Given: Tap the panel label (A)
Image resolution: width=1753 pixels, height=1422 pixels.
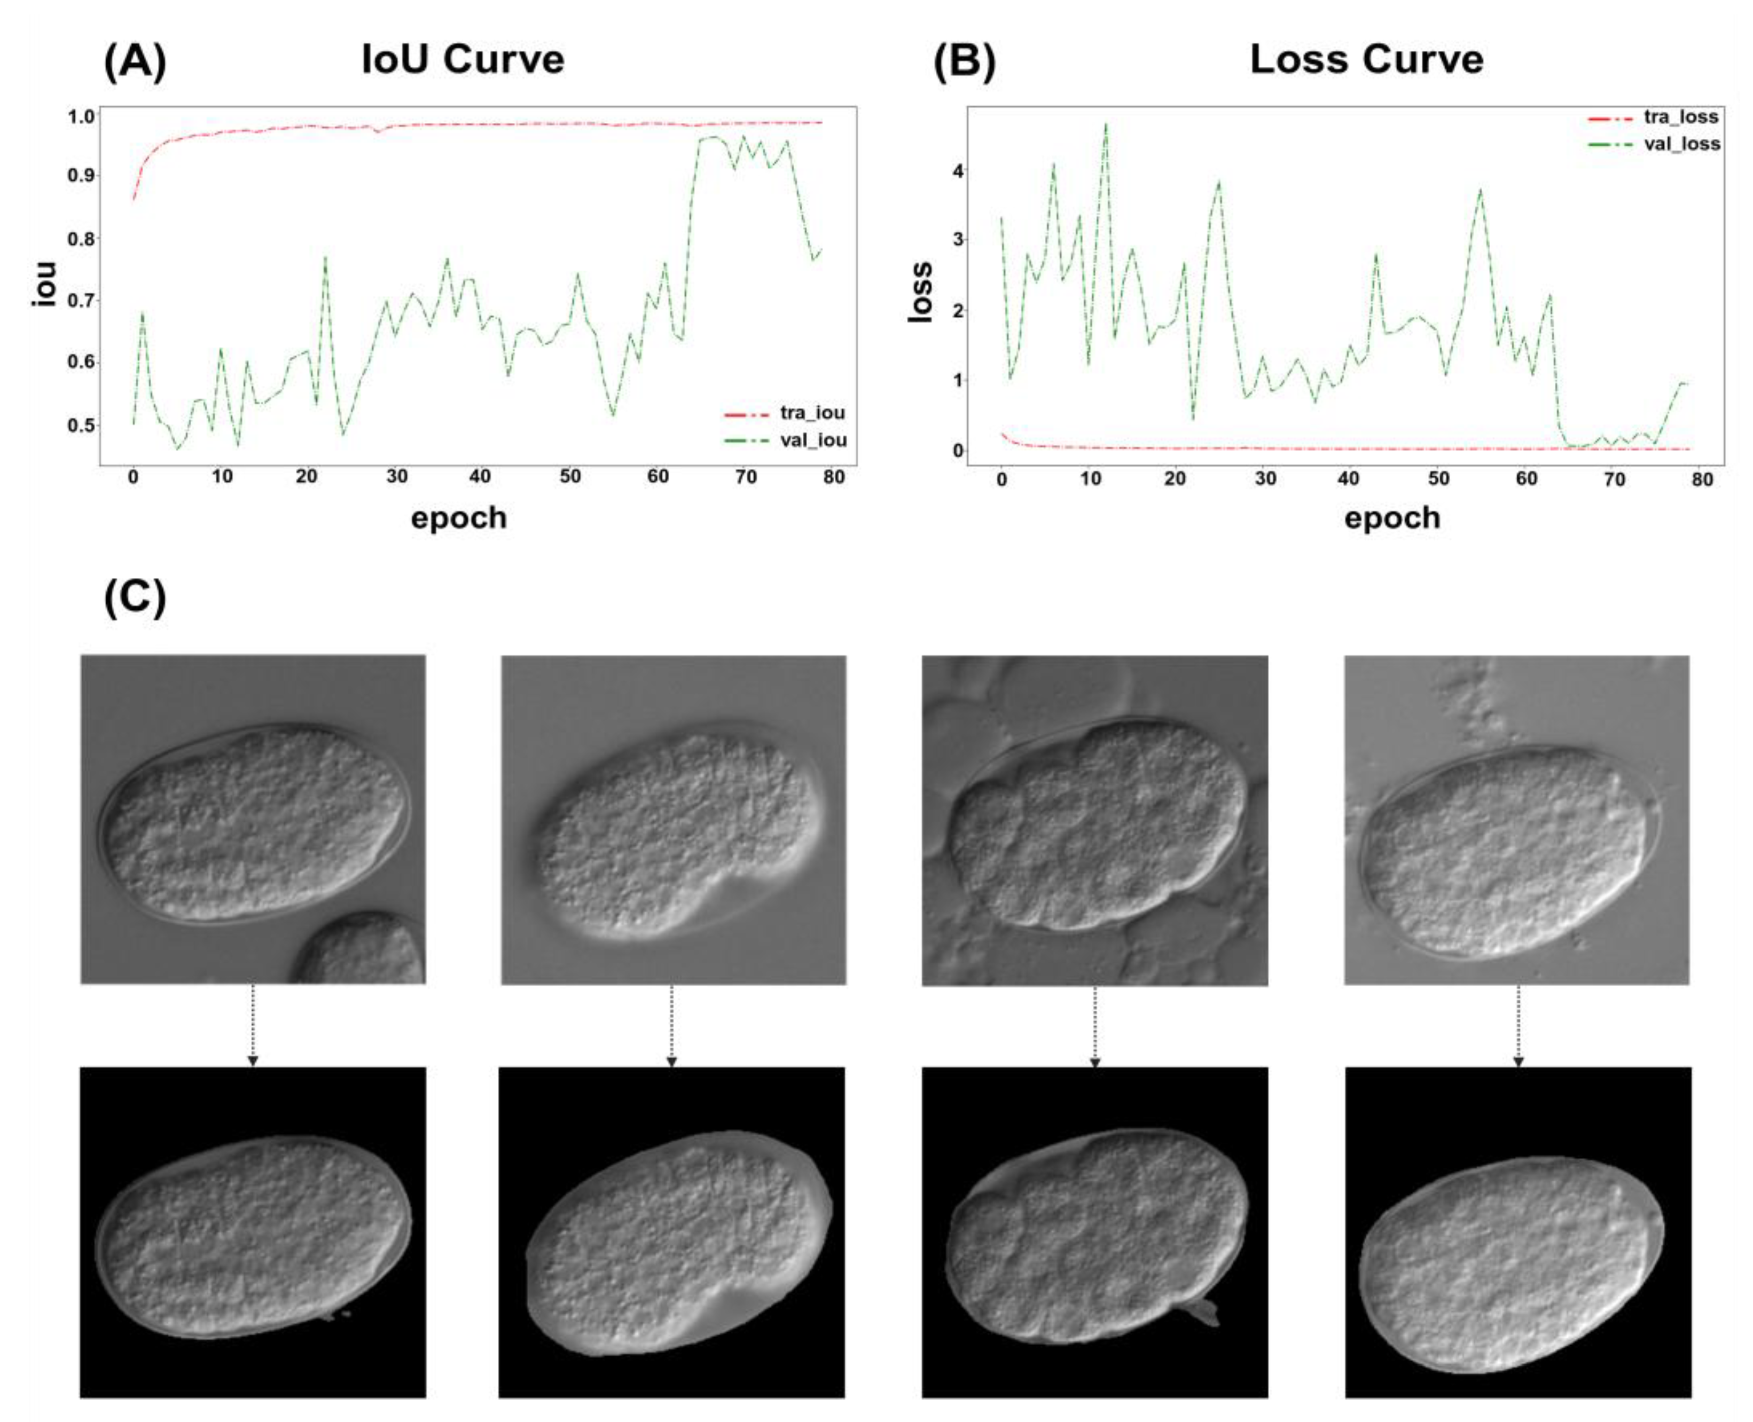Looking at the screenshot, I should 135,61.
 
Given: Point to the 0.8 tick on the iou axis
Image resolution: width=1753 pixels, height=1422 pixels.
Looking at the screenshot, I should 81,238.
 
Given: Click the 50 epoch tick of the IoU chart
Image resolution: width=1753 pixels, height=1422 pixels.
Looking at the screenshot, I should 570,477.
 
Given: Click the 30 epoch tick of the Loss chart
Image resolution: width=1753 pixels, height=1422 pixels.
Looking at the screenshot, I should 1265,479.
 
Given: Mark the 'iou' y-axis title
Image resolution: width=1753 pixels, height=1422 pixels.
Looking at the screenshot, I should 44,284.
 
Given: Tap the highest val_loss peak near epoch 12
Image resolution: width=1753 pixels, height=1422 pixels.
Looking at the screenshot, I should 1106,124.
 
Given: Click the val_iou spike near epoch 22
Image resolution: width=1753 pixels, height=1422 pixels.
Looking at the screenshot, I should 325,257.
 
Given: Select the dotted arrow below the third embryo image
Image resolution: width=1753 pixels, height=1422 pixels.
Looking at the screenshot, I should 1094,1026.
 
